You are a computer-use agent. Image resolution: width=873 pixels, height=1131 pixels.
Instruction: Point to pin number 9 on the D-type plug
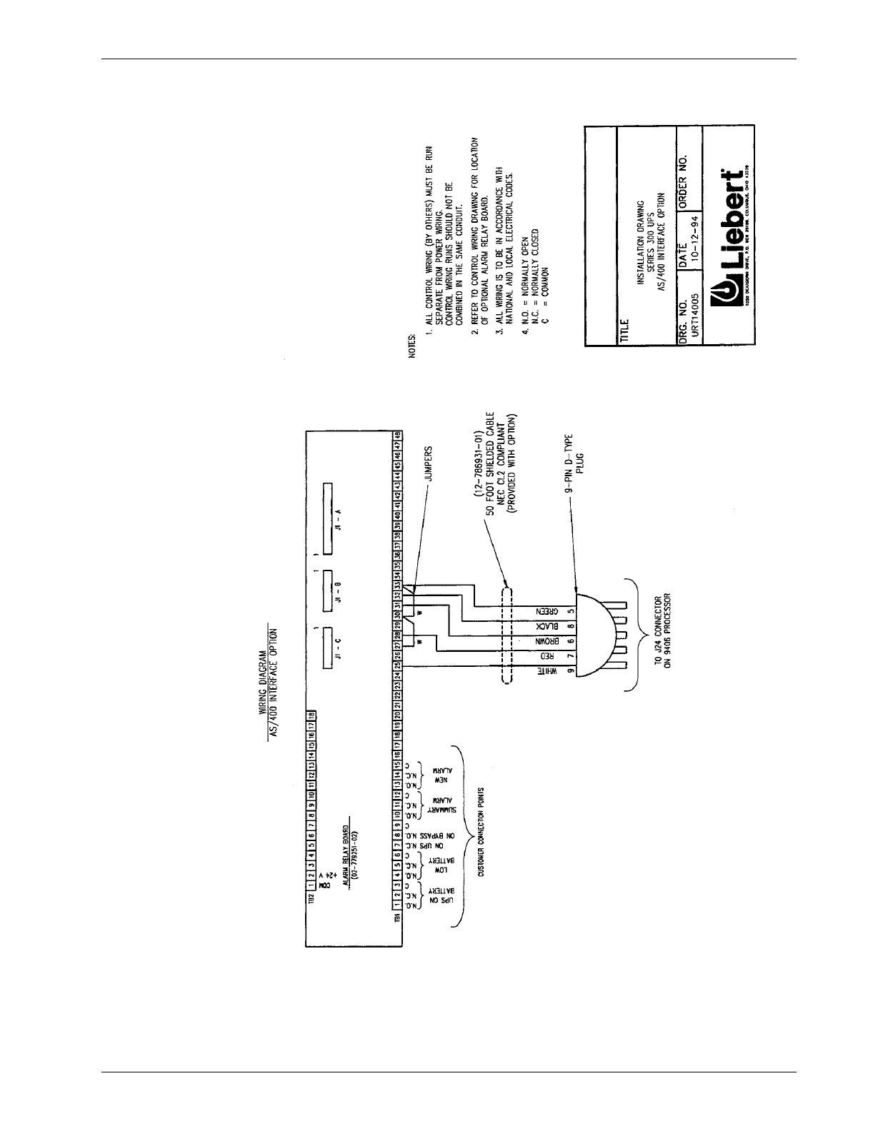(571, 672)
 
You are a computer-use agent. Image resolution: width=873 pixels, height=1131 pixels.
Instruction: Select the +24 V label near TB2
(322, 878)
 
